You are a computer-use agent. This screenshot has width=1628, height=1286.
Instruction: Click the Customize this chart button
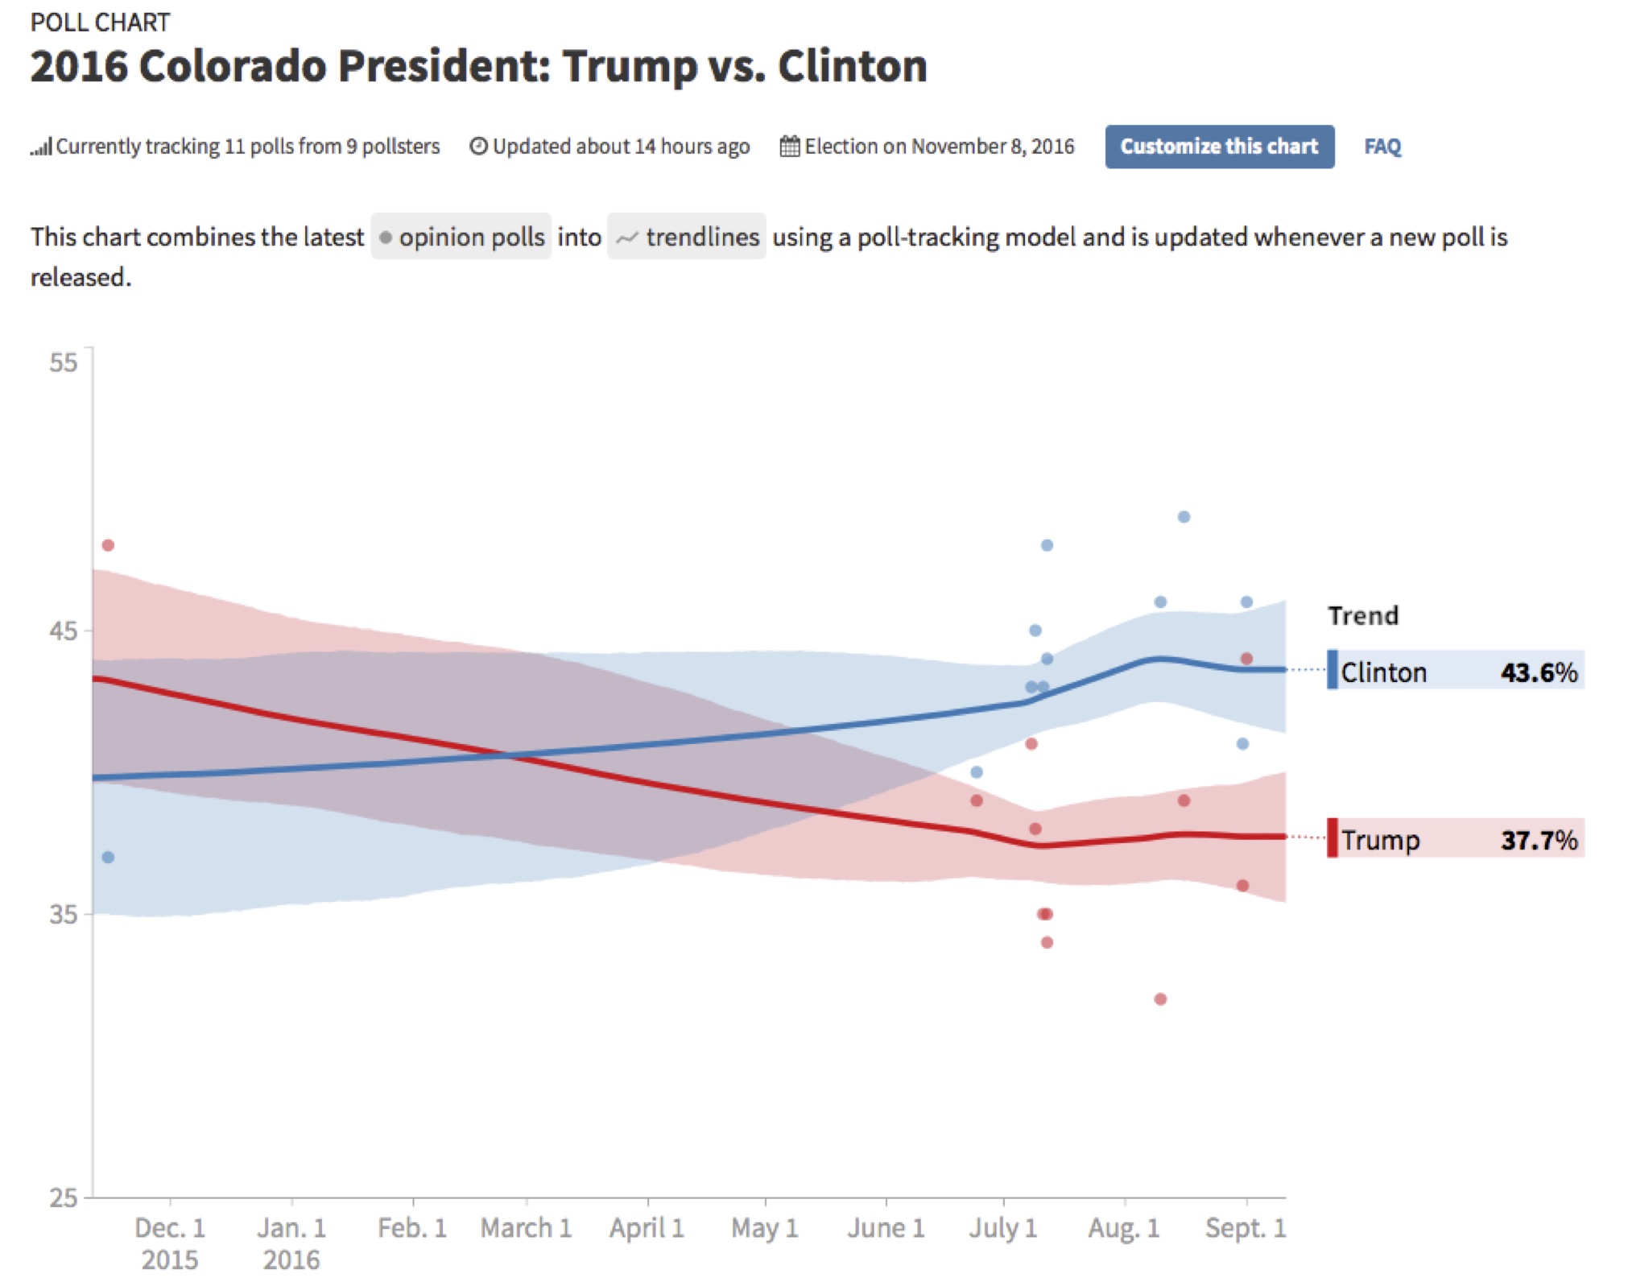tap(1218, 147)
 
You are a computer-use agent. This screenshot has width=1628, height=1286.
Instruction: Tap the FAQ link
tap(1382, 147)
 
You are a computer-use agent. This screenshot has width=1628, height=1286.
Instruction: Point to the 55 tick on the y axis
tap(63, 362)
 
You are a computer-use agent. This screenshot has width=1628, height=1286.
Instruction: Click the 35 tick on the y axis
tap(63, 914)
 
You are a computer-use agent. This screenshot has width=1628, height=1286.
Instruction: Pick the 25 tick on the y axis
tap(63, 1197)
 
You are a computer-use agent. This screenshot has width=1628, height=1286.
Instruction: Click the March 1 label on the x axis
tap(526, 1227)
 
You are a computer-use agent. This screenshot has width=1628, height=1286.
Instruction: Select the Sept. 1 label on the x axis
tap(1245, 1227)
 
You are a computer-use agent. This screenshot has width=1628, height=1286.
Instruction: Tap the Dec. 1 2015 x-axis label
tap(170, 1243)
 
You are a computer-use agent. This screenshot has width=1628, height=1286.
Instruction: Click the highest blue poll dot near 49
tap(1184, 517)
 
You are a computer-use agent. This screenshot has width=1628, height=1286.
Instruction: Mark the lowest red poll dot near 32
tap(1160, 999)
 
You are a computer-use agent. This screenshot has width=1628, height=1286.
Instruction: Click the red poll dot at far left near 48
tap(108, 545)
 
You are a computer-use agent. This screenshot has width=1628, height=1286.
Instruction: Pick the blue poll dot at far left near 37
tap(108, 858)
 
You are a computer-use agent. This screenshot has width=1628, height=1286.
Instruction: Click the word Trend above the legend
tap(1363, 616)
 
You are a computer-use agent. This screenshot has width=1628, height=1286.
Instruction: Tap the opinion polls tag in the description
tap(461, 237)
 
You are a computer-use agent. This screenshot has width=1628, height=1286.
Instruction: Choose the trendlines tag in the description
tap(687, 237)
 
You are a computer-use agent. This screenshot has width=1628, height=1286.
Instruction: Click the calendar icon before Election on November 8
tap(789, 147)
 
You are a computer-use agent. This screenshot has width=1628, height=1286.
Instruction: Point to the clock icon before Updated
tap(478, 147)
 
